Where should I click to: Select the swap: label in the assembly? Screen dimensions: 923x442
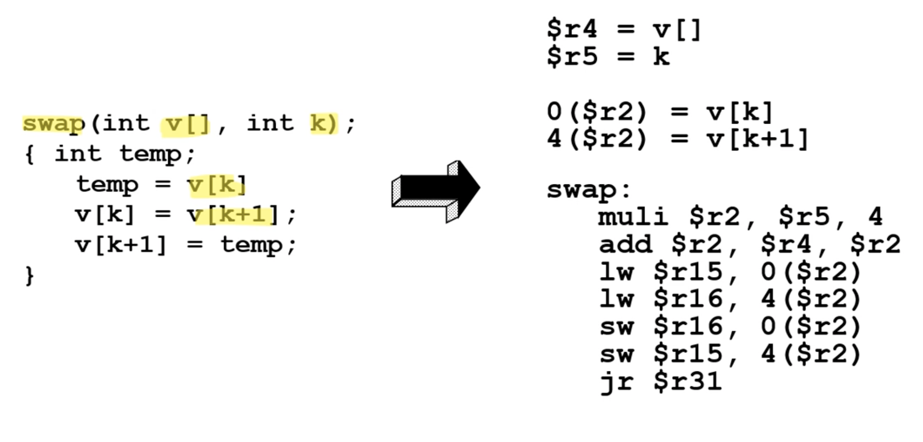(589, 190)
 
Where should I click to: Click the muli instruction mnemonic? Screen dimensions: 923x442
(633, 217)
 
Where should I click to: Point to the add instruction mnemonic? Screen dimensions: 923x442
(625, 244)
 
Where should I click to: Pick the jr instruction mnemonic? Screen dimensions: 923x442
(617, 382)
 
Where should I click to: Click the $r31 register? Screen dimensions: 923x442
(688, 382)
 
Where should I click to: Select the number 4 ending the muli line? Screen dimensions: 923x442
(875, 217)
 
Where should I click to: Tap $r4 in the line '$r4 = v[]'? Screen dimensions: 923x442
(572, 29)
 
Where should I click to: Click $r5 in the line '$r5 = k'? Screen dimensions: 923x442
(572, 57)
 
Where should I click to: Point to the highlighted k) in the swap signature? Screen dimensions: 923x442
(323, 124)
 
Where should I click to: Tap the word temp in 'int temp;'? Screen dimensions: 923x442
(151, 154)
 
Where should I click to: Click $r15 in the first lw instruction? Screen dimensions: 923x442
(688, 272)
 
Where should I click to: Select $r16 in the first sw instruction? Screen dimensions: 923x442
(688, 327)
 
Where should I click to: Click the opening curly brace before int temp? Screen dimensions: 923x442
(30, 154)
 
